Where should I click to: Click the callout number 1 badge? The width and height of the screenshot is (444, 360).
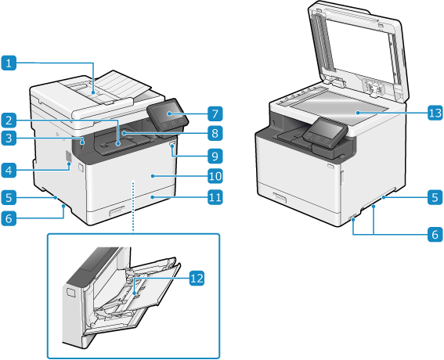pyautogui.click(x=9, y=63)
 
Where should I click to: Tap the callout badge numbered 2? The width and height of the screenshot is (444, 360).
pyautogui.click(x=9, y=121)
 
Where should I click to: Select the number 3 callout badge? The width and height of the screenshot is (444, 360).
pyautogui.click(x=9, y=139)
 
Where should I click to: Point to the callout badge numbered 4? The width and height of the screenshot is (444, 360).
pyautogui.click(x=9, y=171)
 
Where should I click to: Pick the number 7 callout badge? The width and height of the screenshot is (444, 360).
pyautogui.click(x=215, y=113)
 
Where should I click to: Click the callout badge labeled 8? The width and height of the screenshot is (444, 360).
pyautogui.click(x=215, y=133)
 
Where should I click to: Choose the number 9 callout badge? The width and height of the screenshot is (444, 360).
pyautogui.click(x=215, y=156)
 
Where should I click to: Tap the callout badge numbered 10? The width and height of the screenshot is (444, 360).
pyautogui.click(x=215, y=176)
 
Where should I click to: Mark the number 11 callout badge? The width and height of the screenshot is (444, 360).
pyautogui.click(x=215, y=197)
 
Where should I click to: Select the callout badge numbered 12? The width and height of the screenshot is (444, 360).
pyautogui.click(x=197, y=278)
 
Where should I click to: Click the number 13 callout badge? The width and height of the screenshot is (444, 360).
pyautogui.click(x=435, y=113)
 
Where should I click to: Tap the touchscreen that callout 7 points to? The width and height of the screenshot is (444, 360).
pyautogui.click(x=168, y=113)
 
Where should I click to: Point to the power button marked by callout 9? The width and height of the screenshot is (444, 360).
pyautogui.click(x=171, y=146)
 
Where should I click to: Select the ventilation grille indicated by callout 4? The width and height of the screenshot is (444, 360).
pyautogui.click(x=68, y=157)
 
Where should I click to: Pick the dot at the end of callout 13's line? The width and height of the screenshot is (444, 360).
pyautogui.click(x=358, y=113)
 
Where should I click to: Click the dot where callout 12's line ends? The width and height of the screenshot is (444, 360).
pyautogui.click(x=135, y=294)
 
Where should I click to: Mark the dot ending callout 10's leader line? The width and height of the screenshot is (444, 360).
pyautogui.click(x=153, y=176)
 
